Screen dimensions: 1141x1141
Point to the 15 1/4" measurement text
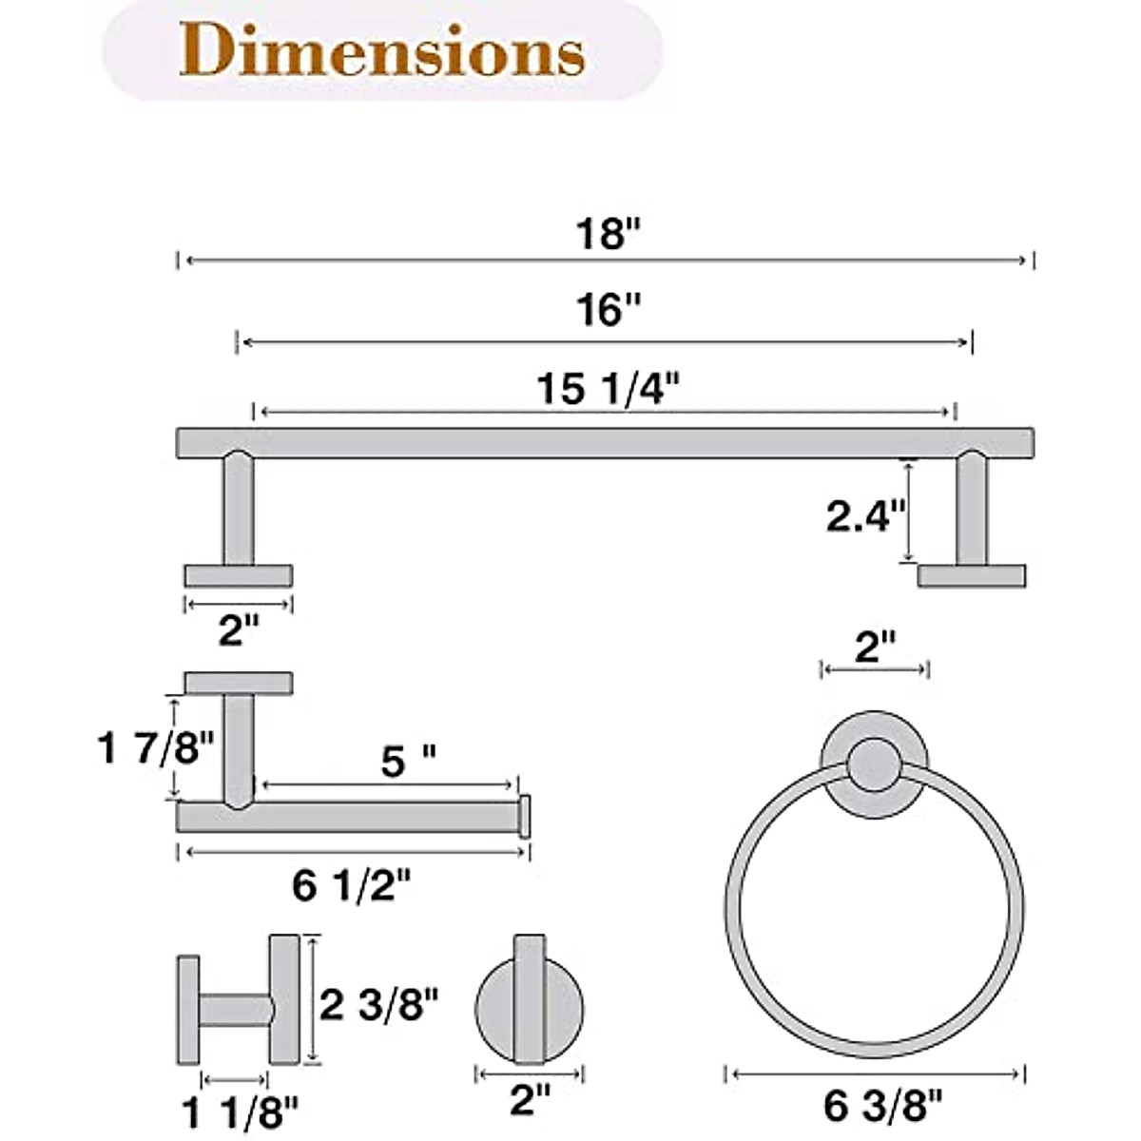pyautogui.click(x=609, y=388)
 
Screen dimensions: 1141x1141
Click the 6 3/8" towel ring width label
pyautogui.click(x=884, y=1105)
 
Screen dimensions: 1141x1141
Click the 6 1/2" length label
pyautogui.click(x=352, y=887)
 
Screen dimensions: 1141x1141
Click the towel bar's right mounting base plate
pyautogui.click(x=971, y=575)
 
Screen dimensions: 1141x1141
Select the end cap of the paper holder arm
pyautogui.click(x=523, y=817)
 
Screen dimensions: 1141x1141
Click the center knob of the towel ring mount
pyautogui.click(x=873, y=766)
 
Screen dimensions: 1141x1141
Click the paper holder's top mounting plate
pyautogui.click(x=238, y=683)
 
